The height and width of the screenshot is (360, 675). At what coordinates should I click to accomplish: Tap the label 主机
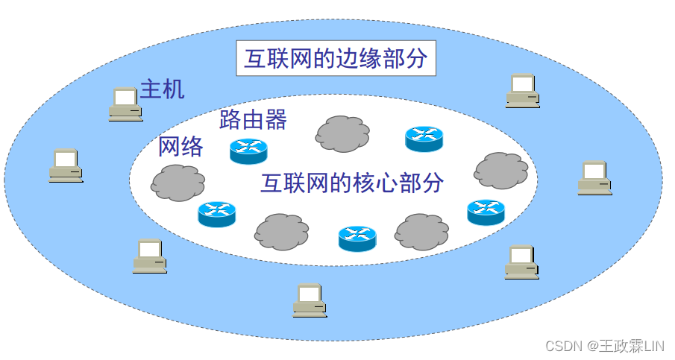(x=162, y=90)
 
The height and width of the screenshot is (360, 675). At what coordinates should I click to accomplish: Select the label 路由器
(x=253, y=120)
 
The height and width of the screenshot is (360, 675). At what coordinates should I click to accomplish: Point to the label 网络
(x=180, y=147)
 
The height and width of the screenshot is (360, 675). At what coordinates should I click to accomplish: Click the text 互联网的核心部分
(x=352, y=183)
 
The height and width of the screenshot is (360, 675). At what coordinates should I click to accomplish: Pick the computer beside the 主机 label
(x=125, y=104)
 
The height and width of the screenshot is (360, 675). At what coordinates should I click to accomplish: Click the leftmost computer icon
(x=66, y=165)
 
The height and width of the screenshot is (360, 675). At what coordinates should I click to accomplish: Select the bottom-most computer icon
(x=310, y=300)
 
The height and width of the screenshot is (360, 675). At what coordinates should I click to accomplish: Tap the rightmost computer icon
(x=594, y=178)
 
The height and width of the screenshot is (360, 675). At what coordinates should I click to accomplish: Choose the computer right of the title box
(x=522, y=91)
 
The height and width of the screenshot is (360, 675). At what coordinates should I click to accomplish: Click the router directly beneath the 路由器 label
(x=248, y=151)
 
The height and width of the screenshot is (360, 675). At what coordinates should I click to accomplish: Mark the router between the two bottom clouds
(x=357, y=238)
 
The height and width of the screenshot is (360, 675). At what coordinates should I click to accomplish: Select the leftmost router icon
(x=216, y=214)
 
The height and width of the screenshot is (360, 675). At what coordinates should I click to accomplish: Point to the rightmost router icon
(x=486, y=212)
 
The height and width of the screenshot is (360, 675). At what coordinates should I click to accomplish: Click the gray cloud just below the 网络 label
(x=178, y=183)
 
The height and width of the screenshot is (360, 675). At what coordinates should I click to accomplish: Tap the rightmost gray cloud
(x=501, y=171)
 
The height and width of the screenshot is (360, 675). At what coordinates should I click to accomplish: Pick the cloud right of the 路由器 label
(x=342, y=134)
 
